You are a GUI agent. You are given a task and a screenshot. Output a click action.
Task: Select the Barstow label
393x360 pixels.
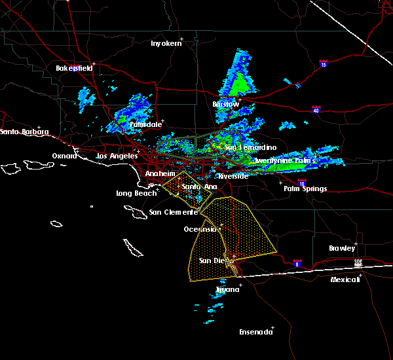click(x=225, y=104)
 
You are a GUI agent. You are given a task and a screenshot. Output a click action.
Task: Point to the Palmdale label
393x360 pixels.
click(x=145, y=124)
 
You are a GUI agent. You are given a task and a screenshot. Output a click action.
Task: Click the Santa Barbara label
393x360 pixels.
click(x=24, y=132)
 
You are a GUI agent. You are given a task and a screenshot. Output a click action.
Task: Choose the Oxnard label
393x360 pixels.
click(x=64, y=156)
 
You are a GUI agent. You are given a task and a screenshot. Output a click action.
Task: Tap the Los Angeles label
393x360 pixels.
click(x=117, y=156)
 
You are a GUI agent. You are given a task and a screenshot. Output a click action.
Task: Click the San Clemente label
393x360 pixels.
click(x=173, y=212)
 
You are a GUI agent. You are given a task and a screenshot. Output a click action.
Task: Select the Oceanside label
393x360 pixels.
click(x=200, y=229)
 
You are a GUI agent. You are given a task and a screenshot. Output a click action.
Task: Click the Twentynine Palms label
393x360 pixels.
click(x=284, y=160)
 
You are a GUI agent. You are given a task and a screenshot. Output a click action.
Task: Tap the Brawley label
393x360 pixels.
click(x=342, y=248)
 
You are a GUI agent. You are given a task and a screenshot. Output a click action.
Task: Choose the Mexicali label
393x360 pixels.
click(x=345, y=279)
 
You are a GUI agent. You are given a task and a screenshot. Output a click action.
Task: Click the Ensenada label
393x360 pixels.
click(x=255, y=332)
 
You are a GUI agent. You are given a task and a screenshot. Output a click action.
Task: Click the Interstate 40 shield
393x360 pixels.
click(x=316, y=110)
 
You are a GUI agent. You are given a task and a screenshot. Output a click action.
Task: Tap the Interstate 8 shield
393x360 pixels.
click(x=297, y=263)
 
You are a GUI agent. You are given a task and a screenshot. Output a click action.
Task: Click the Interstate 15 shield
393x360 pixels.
click(x=323, y=64)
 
